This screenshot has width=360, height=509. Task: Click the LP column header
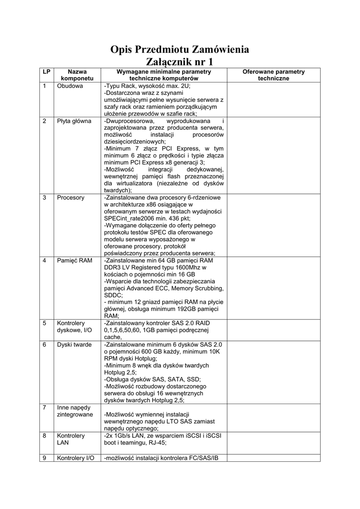(x=46, y=72)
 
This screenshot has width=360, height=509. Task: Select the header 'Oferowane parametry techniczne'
(x=273, y=76)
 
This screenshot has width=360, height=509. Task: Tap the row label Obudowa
(x=70, y=86)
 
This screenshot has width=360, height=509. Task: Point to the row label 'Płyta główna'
(x=74, y=121)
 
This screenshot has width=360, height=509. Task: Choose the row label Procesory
(x=71, y=197)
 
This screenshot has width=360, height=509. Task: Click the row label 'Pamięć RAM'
(x=75, y=260)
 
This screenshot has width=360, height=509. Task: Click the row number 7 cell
(x=45, y=407)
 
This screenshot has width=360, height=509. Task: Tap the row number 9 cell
(x=45, y=457)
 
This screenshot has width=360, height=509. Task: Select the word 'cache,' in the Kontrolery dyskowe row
(x=113, y=337)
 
